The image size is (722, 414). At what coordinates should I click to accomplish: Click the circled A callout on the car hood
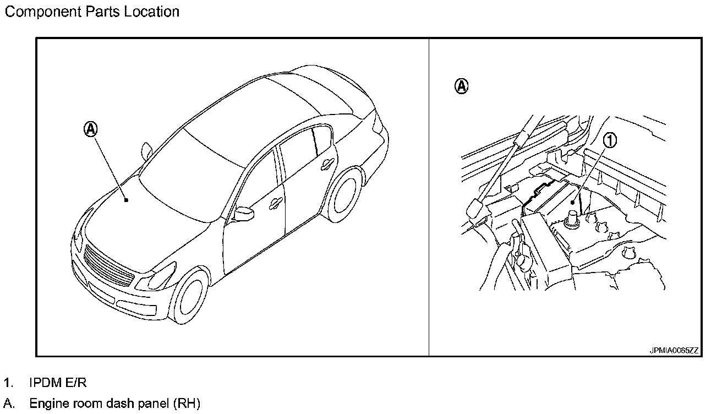coord(91,129)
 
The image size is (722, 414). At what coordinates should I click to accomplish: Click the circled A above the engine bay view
coord(462,86)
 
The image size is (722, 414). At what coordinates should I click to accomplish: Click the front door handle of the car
coord(274,204)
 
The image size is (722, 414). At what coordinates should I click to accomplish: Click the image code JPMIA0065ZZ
coord(674,350)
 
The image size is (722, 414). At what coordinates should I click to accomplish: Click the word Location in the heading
coord(151,12)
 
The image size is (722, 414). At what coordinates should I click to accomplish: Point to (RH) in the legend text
coord(187,404)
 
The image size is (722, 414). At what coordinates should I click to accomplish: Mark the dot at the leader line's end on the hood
coord(126,200)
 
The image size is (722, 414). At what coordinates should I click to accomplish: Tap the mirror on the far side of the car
coord(146,150)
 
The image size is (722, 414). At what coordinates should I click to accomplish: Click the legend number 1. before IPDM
coord(7,383)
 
